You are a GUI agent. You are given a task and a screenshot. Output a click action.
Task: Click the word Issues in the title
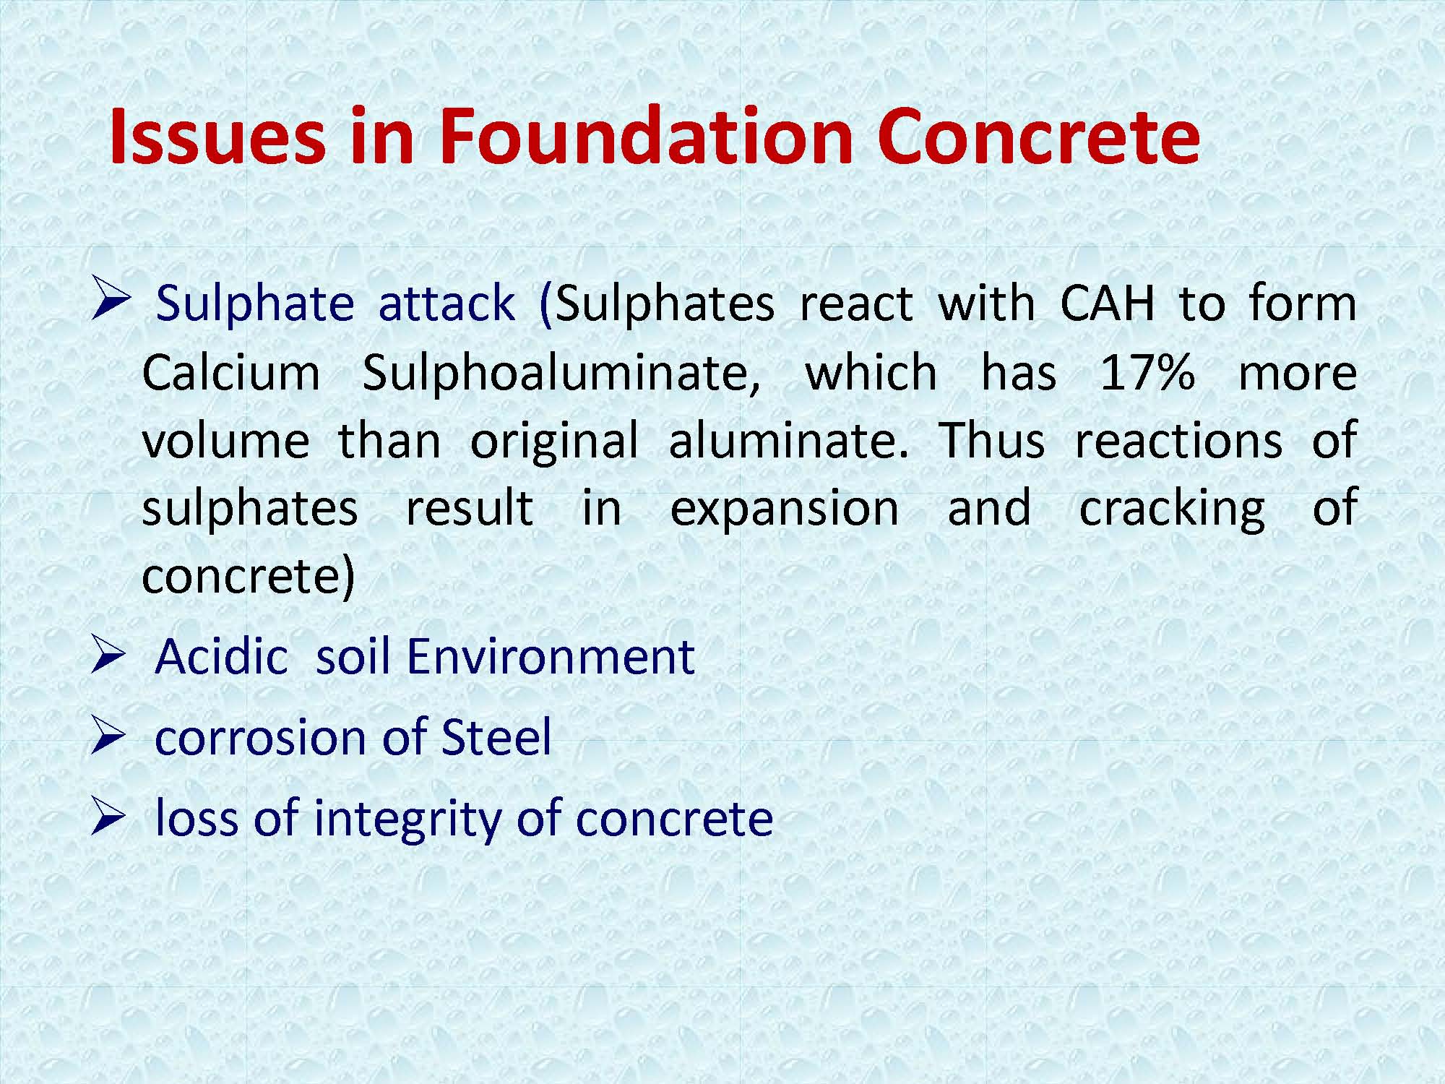tap(217, 135)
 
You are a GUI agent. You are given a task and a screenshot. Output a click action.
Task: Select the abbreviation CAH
tap(1108, 303)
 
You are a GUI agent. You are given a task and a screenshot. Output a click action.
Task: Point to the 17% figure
tap(1147, 373)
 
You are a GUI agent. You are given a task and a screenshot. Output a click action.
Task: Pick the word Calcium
tap(231, 373)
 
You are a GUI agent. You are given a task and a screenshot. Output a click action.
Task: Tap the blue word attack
tap(447, 303)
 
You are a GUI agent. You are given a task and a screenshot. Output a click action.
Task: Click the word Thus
tap(991, 440)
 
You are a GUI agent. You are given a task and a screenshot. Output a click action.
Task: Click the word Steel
tap(496, 737)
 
